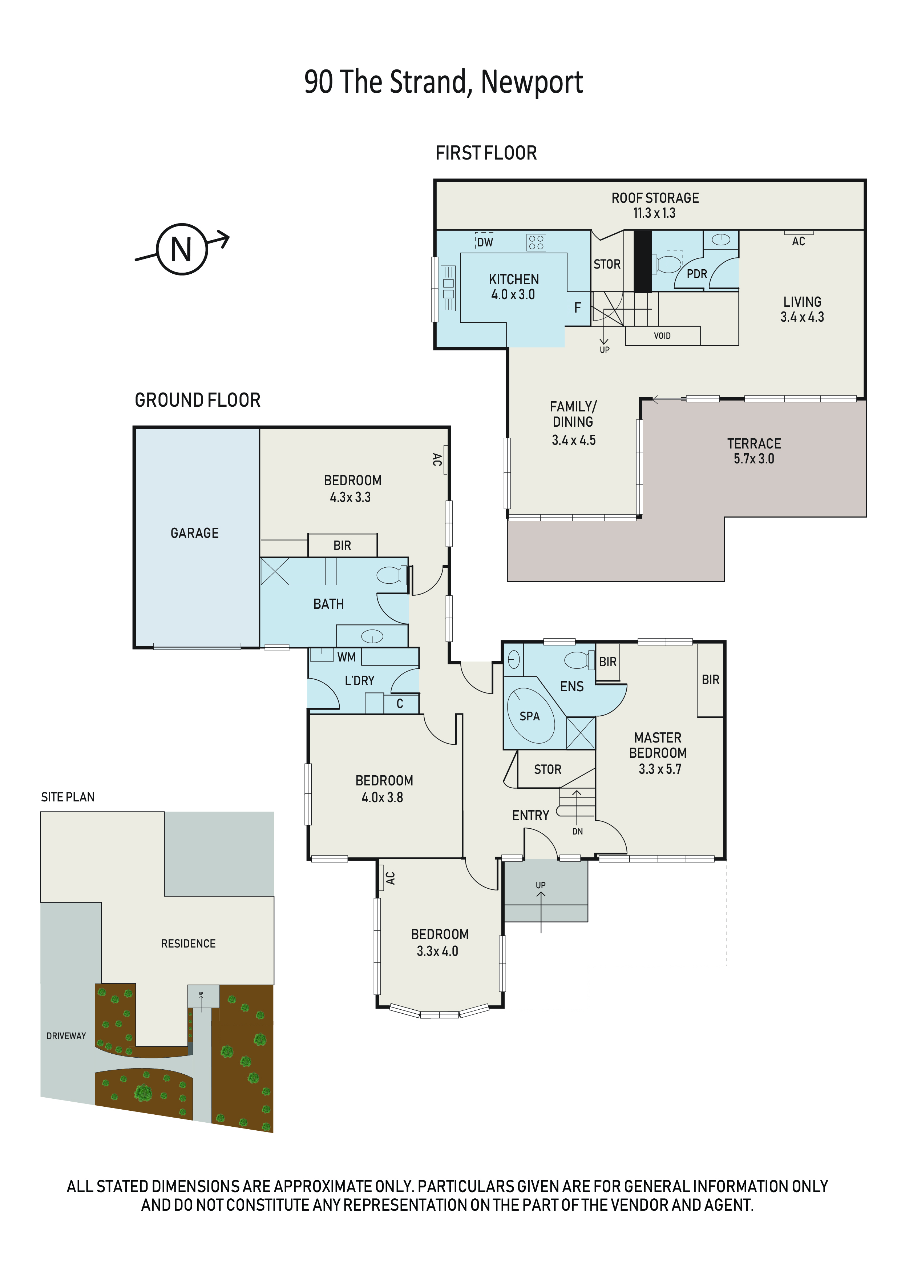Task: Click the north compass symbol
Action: coord(182,249)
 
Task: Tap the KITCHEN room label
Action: coord(513,279)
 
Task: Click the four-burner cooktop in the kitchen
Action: coord(536,242)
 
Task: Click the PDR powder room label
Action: coord(697,274)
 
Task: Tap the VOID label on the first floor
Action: coord(662,336)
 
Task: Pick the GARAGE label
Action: coord(194,533)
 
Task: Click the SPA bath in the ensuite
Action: coord(530,716)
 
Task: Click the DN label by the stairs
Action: coord(577,831)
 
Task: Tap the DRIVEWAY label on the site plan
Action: coord(66,1035)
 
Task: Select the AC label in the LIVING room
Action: coord(798,242)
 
